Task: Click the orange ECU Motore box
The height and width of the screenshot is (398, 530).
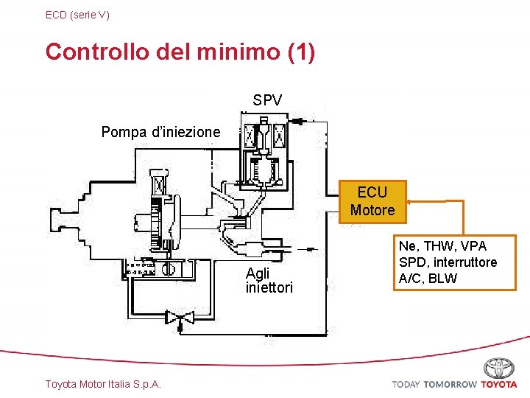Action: [x=372, y=201]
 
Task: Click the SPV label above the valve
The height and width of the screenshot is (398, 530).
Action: [x=267, y=100]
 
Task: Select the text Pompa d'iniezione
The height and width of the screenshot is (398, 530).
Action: [x=160, y=132]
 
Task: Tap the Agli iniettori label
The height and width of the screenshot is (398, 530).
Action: [x=269, y=280]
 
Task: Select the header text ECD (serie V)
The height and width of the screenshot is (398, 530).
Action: [x=77, y=14]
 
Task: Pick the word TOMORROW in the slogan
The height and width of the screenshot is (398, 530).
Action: [x=451, y=384]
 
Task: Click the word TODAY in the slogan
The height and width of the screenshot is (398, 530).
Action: [x=406, y=384]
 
